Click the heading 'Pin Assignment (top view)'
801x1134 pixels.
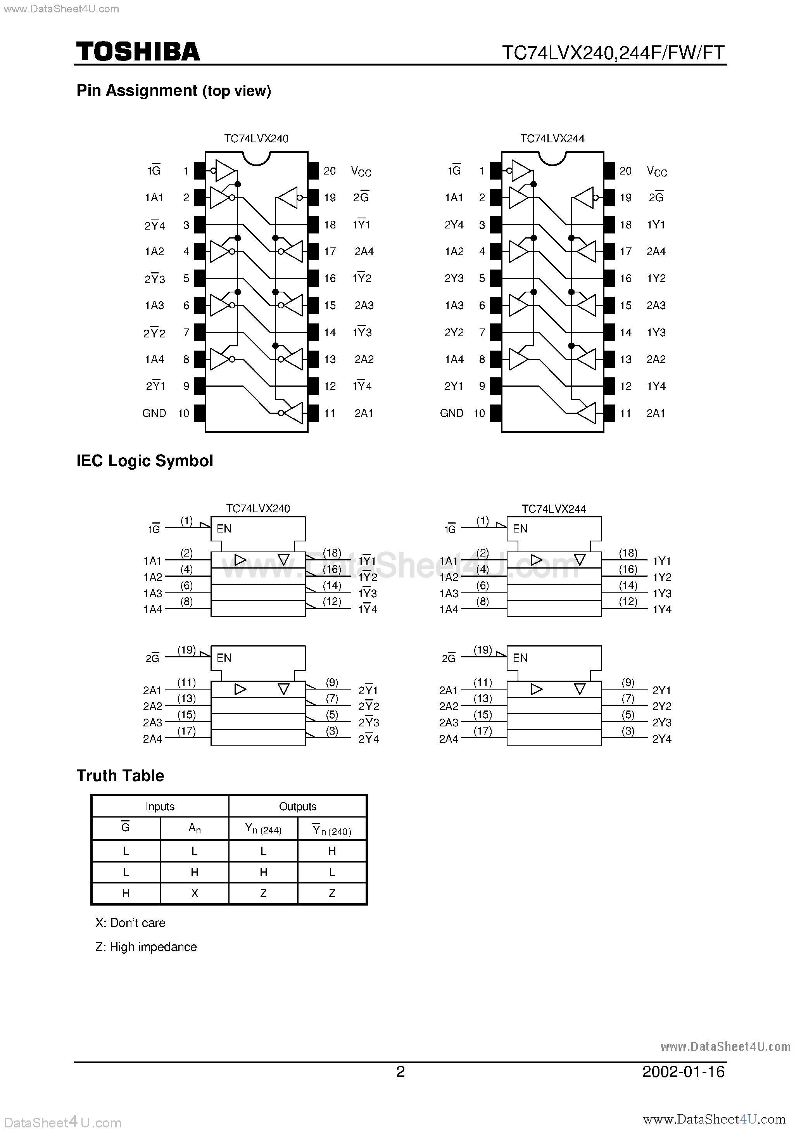coord(174,91)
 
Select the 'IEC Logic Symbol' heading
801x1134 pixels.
coord(145,461)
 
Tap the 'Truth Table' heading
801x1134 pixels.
coord(120,775)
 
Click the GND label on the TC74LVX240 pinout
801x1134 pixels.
coord(154,413)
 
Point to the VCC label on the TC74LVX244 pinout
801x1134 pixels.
coord(657,171)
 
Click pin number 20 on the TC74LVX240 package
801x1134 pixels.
coord(330,171)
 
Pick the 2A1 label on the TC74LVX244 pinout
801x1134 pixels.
coord(656,413)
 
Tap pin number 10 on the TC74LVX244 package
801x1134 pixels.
coord(479,413)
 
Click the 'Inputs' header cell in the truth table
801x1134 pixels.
coord(160,807)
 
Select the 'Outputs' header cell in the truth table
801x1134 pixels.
coord(297,807)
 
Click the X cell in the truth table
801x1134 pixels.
coord(195,893)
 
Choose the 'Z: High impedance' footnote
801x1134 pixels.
coord(146,947)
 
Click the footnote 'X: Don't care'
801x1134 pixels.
coord(130,923)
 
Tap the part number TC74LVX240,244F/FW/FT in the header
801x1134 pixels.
coord(613,52)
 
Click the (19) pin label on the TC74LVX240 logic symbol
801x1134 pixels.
coord(186,650)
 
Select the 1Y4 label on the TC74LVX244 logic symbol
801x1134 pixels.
coord(662,610)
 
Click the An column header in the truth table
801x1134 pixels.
coord(195,828)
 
